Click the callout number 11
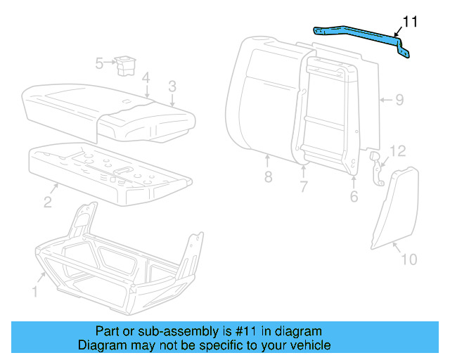[x=410, y=22]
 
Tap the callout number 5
[x=100, y=63]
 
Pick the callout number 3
[x=172, y=86]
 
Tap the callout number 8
[x=268, y=177]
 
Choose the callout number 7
[x=304, y=187]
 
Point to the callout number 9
[x=399, y=100]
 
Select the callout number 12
[x=398, y=150]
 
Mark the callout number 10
[x=409, y=259]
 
